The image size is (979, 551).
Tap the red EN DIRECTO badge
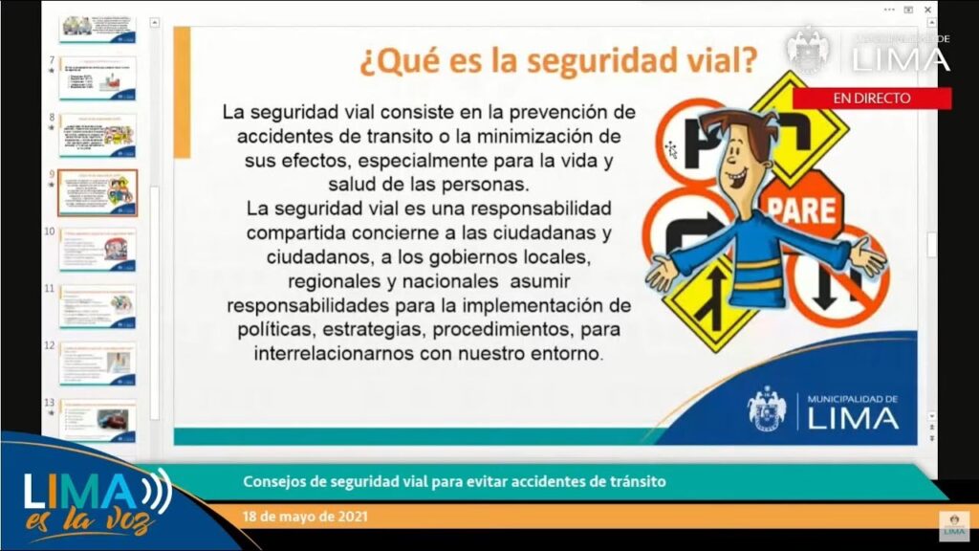[x=871, y=98]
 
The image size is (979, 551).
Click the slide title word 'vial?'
[x=708, y=61]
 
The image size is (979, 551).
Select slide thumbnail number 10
[x=97, y=250]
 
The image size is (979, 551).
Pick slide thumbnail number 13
[x=97, y=419]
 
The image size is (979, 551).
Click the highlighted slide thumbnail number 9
[x=97, y=193]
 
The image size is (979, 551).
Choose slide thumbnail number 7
[x=97, y=78]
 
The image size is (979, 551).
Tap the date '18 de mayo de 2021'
[x=303, y=518]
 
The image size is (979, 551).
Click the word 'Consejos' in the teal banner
[x=272, y=482]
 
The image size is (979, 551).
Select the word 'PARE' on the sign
[x=801, y=209]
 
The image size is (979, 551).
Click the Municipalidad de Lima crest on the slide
[x=767, y=409]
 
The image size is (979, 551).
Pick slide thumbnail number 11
[x=97, y=306]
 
